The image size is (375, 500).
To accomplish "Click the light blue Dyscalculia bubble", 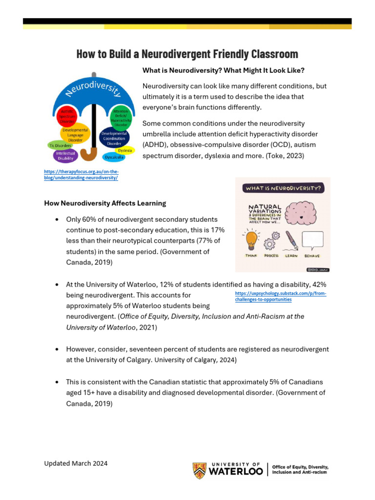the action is click(114, 158).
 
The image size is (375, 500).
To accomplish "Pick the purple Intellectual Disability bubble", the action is click(65, 155).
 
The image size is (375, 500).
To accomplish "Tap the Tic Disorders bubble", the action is click(60, 145).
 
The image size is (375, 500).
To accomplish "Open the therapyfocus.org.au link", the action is click(81, 175).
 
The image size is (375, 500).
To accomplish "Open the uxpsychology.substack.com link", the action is click(281, 296).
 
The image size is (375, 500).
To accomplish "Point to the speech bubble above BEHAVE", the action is click(312, 240).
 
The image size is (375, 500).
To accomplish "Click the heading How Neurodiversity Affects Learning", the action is click(105, 203).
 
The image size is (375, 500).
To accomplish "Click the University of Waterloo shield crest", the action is click(199, 470).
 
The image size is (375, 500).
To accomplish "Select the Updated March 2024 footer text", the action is click(76, 463).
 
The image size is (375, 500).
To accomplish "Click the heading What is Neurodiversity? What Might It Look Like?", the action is click(223, 70).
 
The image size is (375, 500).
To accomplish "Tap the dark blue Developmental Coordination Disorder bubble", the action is click(114, 138).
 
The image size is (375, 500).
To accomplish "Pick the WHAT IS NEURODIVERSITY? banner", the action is click(282, 187).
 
